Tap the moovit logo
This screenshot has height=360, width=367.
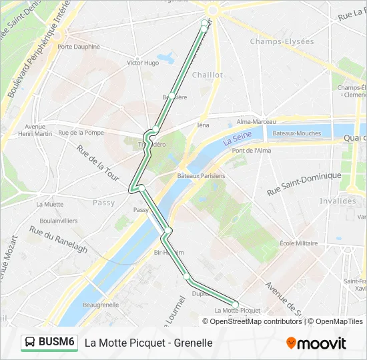[316, 343]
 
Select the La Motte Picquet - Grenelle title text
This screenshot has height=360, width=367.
[148, 343]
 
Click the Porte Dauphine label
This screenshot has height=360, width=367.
[79, 47]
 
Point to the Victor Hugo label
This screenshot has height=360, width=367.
[143, 63]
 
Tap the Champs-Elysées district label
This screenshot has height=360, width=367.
[282, 41]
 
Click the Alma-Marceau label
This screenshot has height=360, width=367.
[256, 122]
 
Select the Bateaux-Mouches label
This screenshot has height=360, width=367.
[297, 133]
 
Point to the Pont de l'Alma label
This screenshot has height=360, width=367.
[252, 151]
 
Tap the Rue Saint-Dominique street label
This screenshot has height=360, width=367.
[304, 183]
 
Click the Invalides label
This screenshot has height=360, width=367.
[338, 201]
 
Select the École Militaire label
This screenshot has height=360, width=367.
[299, 243]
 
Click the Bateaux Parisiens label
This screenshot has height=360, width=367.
[201, 175]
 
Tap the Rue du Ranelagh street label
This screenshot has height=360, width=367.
[58, 239]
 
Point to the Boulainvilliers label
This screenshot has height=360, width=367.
[59, 221]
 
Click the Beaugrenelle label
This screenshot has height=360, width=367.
[101, 305]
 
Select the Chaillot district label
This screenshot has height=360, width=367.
[208, 75]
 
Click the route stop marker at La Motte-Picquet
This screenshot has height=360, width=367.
[235, 304]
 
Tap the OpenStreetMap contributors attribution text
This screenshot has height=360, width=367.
[253, 321]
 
